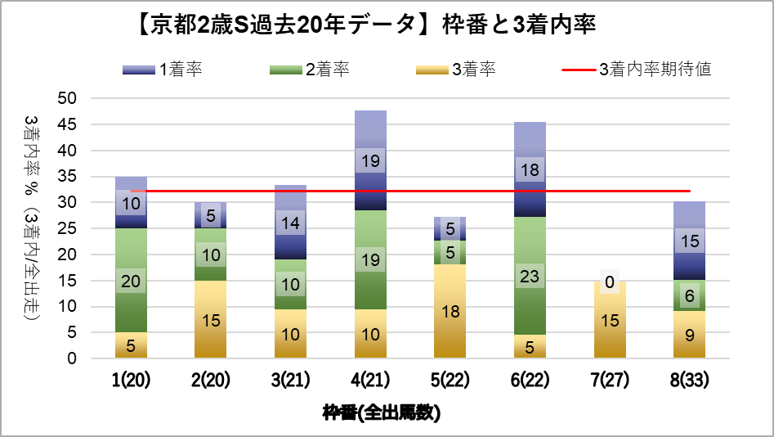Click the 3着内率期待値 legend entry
(x=637, y=70)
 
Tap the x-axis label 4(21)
(x=370, y=381)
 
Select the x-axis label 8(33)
(x=689, y=381)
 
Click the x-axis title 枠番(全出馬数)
(x=382, y=412)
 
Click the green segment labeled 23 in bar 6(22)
(x=530, y=276)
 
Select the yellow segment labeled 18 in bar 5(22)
(x=450, y=311)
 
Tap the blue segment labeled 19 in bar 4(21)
(x=370, y=160)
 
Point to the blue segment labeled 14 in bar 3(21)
(x=290, y=222)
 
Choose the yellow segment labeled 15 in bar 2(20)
(x=210, y=320)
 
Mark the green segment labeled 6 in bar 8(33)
(x=689, y=295)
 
